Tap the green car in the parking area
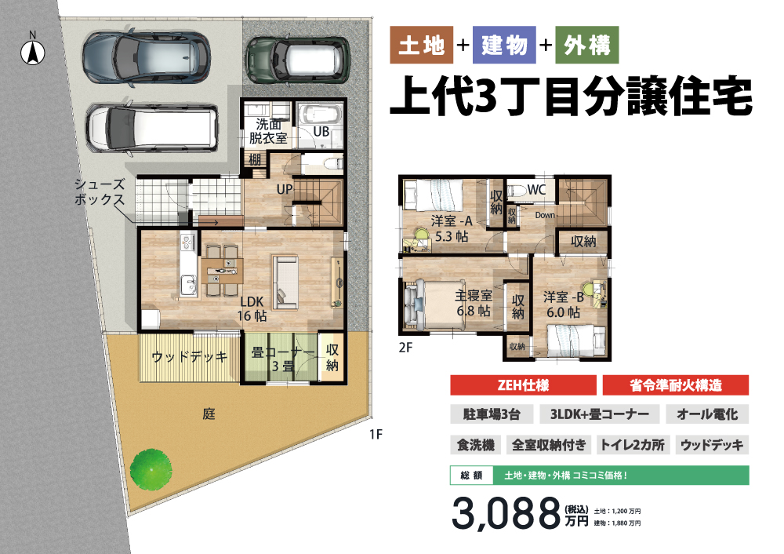pyautogui.click(x=297, y=60)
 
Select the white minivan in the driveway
pyautogui.click(x=152, y=128)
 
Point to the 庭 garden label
pyautogui.click(x=209, y=414)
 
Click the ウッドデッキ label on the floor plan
pyautogui.click(x=190, y=357)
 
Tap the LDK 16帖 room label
pyautogui.click(x=252, y=308)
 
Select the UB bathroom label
pyautogui.click(x=321, y=131)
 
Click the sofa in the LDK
pyautogui.click(x=285, y=282)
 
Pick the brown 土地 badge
pyautogui.click(x=422, y=45)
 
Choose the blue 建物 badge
pyautogui.click(x=504, y=45)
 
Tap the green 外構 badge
pyautogui.click(x=587, y=45)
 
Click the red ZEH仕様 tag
pyautogui.click(x=523, y=385)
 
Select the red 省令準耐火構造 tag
pyautogui.click(x=676, y=385)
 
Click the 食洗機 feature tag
pyautogui.click(x=476, y=444)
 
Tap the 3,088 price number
pyautogui.click(x=506, y=513)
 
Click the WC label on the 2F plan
pyautogui.click(x=536, y=190)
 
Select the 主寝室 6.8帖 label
pyautogui.click(x=474, y=303)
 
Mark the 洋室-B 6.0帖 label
pyautogui.click(x=564, y=304)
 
